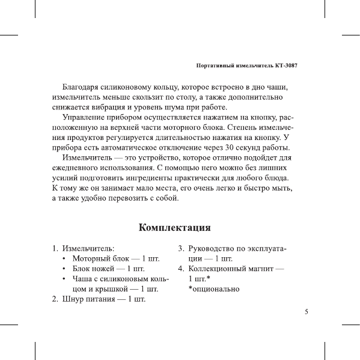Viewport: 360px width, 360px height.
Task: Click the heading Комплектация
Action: [x=174, y=228]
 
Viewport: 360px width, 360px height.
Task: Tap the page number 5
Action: [x=307, y=312]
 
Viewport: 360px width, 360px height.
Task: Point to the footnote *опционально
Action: [x=214, y=289]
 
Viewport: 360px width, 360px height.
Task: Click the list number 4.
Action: [x=181, y=269]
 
